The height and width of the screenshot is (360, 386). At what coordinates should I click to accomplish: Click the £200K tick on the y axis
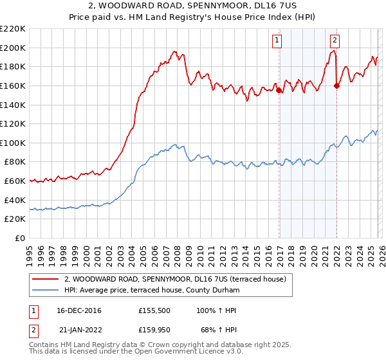pyautogui.click(x=13, y=48)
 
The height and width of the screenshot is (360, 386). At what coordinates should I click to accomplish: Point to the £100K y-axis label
pyautogui.click(x=13, y=143)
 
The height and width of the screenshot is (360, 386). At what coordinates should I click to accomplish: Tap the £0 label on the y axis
pyautogui.click(x=19, y=239)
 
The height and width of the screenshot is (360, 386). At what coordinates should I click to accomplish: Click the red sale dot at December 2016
pyautogui.click(x=279, y=91)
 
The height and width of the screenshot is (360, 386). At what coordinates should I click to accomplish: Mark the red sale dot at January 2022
pyautogui.click(x=336, y=85)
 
